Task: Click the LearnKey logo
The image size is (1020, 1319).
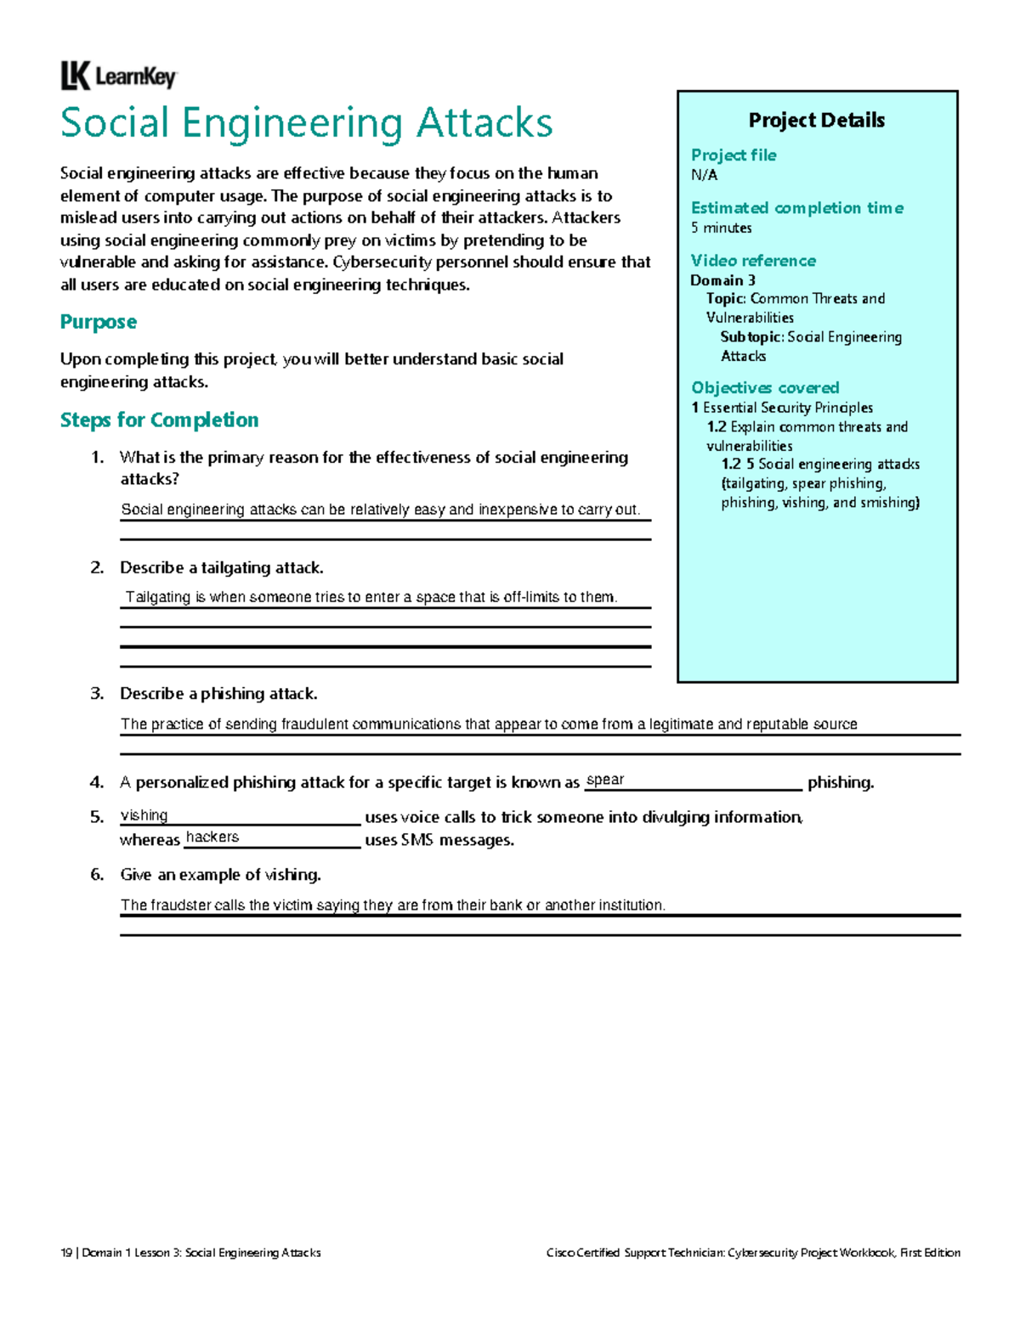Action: click(x=118, y=76)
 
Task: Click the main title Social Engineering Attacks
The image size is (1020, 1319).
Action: click(x=306, y=123)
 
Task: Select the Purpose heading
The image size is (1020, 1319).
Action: click(x=98, y=322)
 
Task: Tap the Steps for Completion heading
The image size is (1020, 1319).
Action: click(x=159, y=420)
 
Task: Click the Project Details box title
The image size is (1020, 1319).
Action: click(x=816, y=121)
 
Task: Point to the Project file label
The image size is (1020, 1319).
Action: click(x=733, y=155)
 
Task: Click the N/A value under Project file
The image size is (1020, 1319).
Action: click(x=704, y=175)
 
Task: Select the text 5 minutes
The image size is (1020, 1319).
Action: click(x=721, y=228)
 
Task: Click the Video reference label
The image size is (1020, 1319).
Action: click(x=752, y=261)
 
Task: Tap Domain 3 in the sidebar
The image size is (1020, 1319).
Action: click(x=722, y=280)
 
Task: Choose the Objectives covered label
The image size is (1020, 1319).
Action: click(x=764, y=388)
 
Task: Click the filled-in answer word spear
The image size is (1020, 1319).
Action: click(x=605, y=780)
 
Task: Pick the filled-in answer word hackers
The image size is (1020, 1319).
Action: click(x=212, y=837)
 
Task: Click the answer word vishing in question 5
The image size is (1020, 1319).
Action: click(x=144, y=815)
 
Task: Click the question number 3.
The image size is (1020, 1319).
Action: click(x=97, y=694)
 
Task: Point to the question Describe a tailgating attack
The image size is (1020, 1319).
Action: click(x=221, y=567)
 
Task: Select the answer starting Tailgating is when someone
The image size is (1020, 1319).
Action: click(x=371, y=597)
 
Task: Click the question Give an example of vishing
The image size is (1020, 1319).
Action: click(x=220, y=875)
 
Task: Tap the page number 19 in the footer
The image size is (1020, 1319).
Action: click(x=66, y=1253)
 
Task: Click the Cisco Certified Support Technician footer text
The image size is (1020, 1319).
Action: click(x=753, y=1253)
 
